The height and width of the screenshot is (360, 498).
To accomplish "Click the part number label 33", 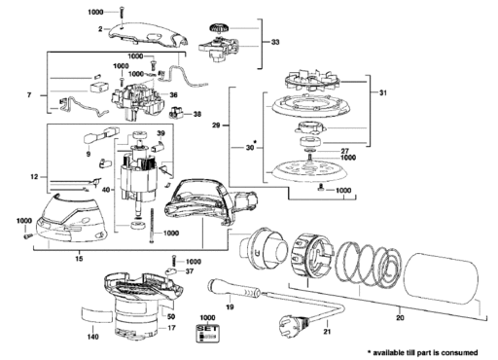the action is click(x=275, y=42).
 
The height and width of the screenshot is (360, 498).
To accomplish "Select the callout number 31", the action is click(x=383, y=93).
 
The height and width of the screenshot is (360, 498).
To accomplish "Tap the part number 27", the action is click(x=344, y=151).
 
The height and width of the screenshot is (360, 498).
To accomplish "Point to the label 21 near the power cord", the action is click(x=327, y=332).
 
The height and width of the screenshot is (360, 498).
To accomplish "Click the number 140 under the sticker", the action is click(x=93, y=337).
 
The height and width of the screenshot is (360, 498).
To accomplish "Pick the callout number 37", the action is click(x=190, y=270).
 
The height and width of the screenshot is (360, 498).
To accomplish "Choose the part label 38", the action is click(x=197, y=114).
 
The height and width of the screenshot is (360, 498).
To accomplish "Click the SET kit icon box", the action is click(x=207, y=333).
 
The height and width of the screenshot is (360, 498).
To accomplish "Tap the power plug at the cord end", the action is click(x=294, y=323).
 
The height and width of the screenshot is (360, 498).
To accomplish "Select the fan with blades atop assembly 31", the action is click(x=312, y=80).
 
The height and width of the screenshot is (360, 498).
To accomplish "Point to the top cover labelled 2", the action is click(x=149, y=35).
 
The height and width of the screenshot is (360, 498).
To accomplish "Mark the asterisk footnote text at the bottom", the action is click(x=422, y=352).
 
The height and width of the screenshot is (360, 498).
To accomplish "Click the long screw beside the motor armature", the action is click(x=152, y=225).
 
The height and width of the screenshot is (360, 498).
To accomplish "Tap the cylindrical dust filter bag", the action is click(x=443, y=277).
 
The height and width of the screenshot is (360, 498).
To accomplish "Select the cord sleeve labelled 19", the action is click(x=233, y=288).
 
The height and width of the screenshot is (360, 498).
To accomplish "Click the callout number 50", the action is click(x=171, y=316).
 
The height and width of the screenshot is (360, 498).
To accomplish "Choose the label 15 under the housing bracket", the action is click(x=79, y=259).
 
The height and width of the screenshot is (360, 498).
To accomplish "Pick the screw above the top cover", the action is click(x=122, y=13).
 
